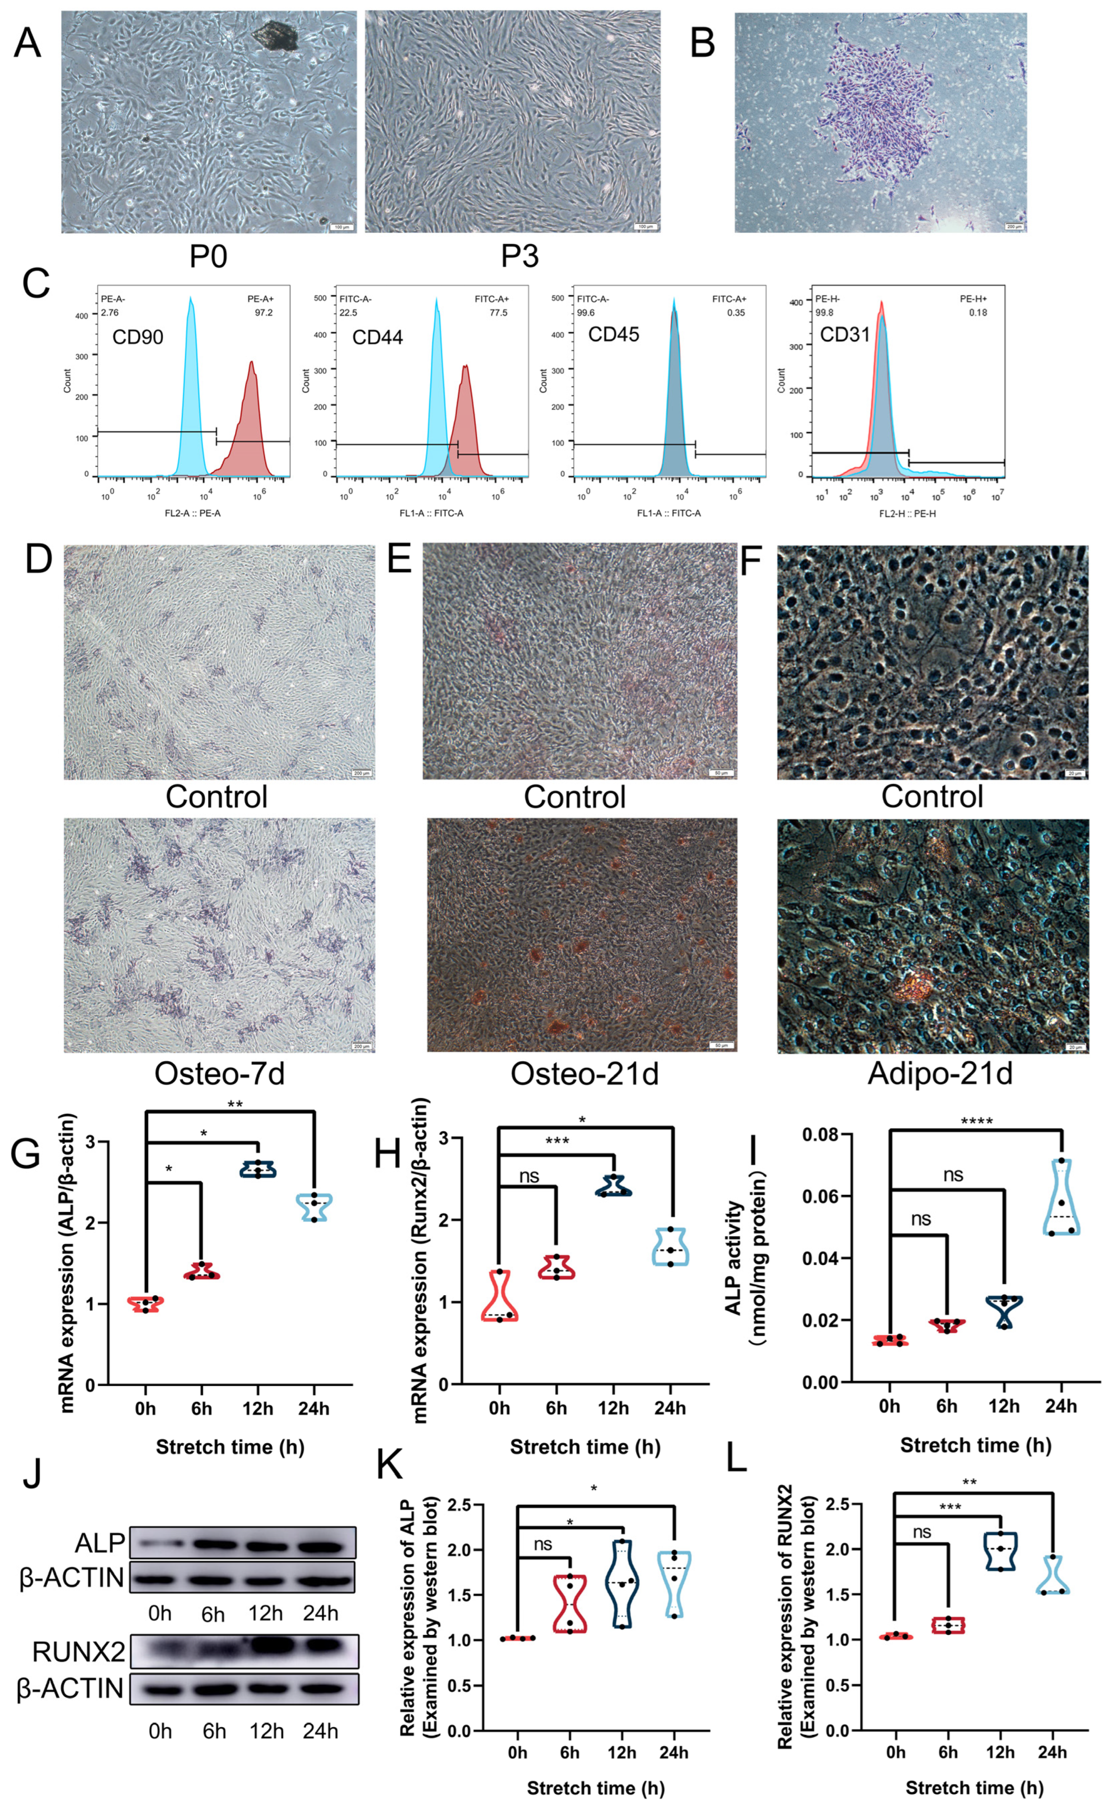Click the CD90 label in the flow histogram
138,338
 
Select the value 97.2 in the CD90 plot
263,312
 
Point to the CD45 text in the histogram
613,335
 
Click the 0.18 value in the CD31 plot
978,312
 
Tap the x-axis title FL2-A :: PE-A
192,513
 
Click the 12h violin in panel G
258,1170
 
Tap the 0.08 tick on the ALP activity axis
820,1135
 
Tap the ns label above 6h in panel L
922,1533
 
